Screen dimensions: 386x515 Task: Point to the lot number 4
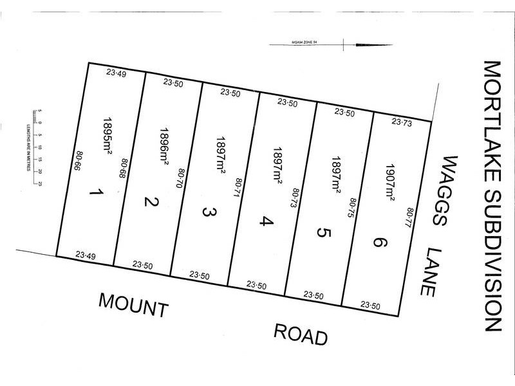265,222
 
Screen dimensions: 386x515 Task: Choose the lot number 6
380,243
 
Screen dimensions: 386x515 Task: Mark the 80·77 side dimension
409,218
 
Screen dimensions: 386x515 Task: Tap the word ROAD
301,334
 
